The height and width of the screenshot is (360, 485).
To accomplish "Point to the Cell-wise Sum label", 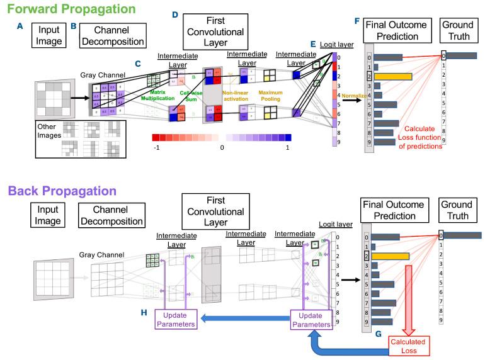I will click(191, 96).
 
